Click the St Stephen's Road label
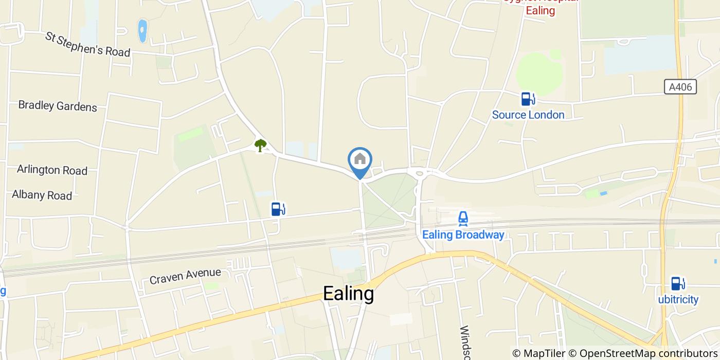87,44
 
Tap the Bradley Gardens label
58,106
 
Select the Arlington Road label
52,170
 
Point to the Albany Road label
42,195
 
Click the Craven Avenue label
185,276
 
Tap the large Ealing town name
348,294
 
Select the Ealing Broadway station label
463,235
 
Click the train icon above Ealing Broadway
463,219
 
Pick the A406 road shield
680,87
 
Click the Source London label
528,115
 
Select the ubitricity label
678,299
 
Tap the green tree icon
261,146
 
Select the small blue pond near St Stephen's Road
142,31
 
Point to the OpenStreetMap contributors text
646,353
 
